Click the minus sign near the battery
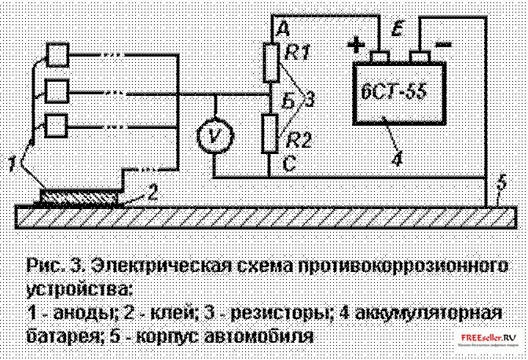click(x=442, y=43)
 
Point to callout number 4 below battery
click(x=398, y=156)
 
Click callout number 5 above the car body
click(x=500, y=186)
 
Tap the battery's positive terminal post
click(x=380, y=56)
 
